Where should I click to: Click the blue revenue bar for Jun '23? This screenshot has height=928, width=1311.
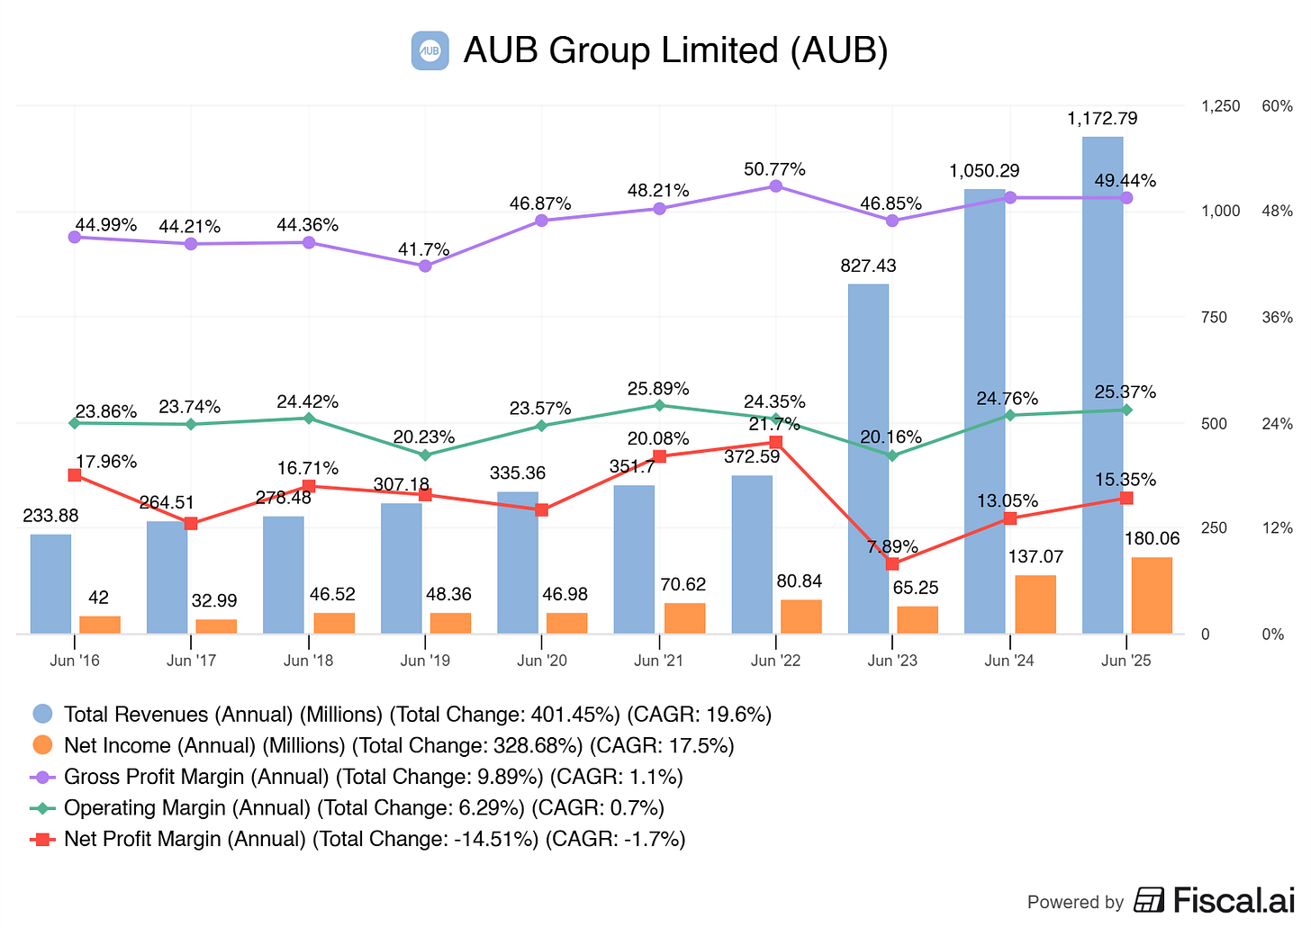tap(868, 459)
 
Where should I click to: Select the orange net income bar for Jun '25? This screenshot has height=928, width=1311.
tap(1152, 595)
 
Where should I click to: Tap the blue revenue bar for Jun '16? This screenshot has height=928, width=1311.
tap(50, 584)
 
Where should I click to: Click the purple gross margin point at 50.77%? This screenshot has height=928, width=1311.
tap(776, 186)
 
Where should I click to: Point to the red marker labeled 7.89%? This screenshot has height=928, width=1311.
tap(892, 563)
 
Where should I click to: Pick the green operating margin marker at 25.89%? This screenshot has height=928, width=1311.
tap(659, 405)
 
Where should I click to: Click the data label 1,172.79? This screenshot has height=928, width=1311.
tap(1102, 118)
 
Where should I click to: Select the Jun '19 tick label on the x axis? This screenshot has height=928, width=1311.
tap(425, 661)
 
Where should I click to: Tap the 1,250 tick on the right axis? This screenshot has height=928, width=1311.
tap(1220, 106)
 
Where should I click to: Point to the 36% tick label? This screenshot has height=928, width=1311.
tap(1277, 318)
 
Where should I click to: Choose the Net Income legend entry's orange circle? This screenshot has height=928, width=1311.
tap(42, 745)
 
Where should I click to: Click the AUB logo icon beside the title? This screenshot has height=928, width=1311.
tap(429, 50)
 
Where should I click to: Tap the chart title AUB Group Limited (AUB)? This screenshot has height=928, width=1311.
tap(675, 50)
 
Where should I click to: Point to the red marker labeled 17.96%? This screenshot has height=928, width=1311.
tap(75, 475)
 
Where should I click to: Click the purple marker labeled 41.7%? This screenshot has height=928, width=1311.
tap(425, 266)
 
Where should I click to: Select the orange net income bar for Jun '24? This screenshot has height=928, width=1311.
tap(1035, 604)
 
